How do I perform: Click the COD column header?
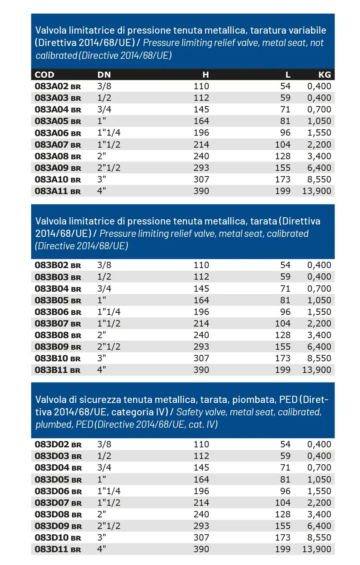(44, 75)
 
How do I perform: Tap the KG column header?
(324, 75)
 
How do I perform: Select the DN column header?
(104, 75)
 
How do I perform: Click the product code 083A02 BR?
(58, 86)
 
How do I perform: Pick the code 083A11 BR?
(58, 191)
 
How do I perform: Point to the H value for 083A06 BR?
(201, 133)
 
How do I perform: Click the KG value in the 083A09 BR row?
(319, 168)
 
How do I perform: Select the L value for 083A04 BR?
(285, 110)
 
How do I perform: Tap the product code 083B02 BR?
(58, 265)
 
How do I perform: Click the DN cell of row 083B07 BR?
(109, 324)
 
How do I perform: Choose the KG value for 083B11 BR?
(316, 370)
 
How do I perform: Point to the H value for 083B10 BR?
(201, 359)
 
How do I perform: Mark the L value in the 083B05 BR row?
(285, 301)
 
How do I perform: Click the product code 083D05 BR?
(58, 480)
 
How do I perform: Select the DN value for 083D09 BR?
(109, 526)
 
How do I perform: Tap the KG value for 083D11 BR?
(316, 549)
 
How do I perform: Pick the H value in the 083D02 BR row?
(201, 445)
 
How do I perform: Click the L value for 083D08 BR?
(282, 515)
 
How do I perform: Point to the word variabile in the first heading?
(306, 30)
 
